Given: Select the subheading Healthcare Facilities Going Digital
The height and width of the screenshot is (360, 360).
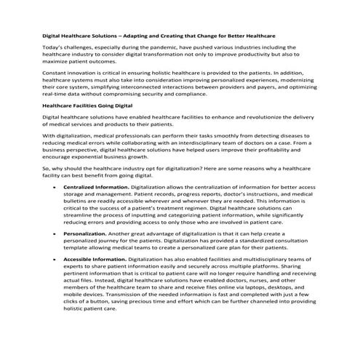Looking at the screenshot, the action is pos(82,105).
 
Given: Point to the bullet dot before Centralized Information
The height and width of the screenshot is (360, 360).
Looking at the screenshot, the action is pos(55,187).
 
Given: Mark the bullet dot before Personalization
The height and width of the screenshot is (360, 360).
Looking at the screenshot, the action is pos(55,234).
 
